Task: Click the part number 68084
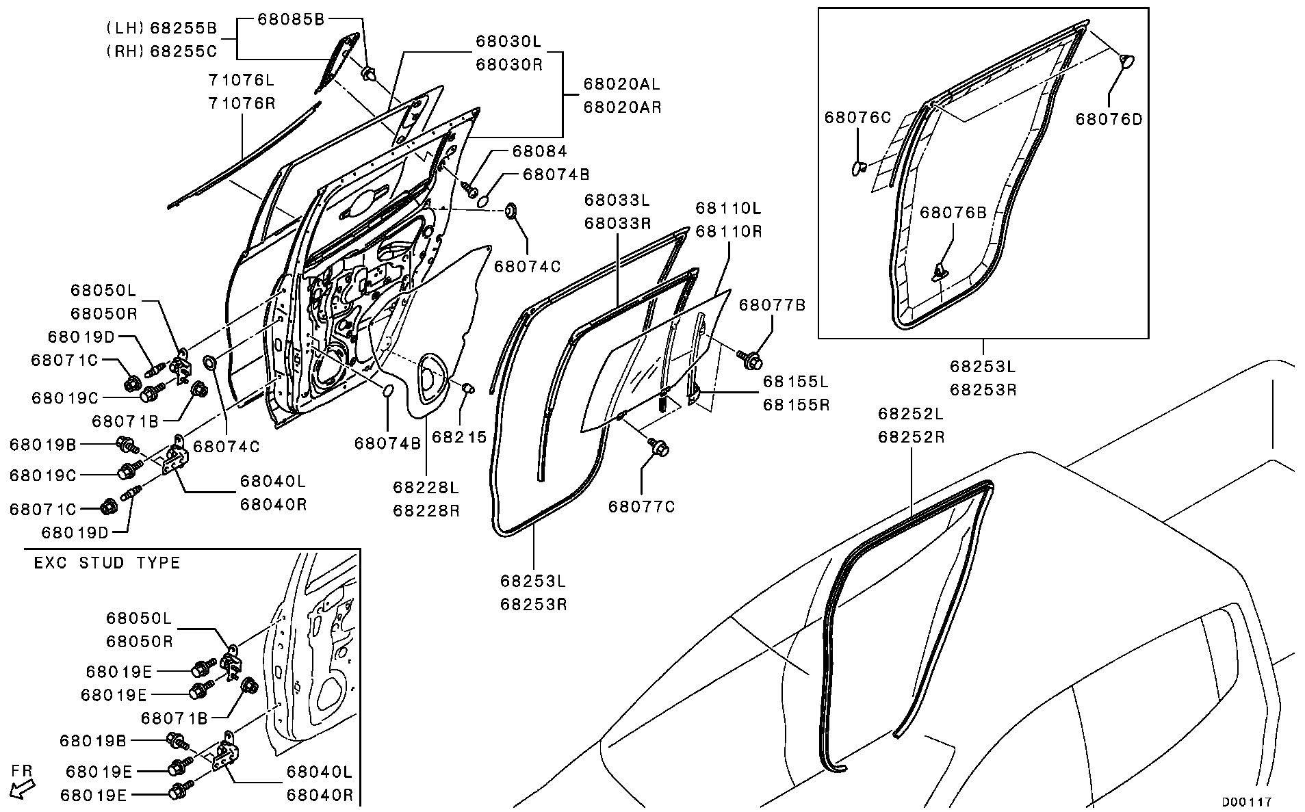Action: click(x=539, y=151)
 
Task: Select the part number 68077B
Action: click(x=772, y=305)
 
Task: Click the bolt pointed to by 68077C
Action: click(x=660, y=447)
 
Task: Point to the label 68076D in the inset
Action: click(x=1109, y=119)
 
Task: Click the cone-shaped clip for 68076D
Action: click(x=1125, y=61)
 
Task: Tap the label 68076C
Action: click(x=857, y=118)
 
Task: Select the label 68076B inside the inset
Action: click(x=953, y=213)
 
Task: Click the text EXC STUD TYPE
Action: click(x=107, y=563)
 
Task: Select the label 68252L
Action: click(x=911, y=413)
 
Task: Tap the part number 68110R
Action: click(x=728, y=231)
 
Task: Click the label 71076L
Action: click(x=241, y=80)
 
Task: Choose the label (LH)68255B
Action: click(x=161, y=28)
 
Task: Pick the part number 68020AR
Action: click(x=621, y=107)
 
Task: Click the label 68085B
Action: click(x=291, y=19)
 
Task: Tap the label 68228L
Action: click(x=425, y=487)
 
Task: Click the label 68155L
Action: click(x=795, y=381)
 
